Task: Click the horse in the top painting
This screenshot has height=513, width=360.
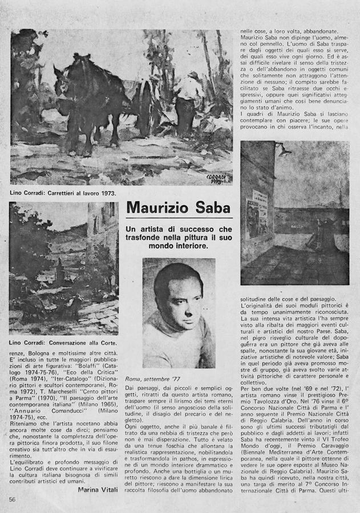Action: point(91,100)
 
